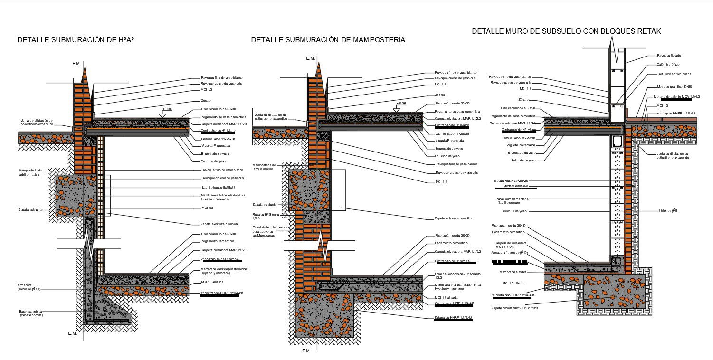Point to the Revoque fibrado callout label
669,56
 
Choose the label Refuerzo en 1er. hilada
674,74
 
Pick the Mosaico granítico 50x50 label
673,87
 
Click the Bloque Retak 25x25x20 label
511,181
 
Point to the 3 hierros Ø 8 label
667,210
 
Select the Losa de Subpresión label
457,274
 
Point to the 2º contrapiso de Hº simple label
219,259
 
